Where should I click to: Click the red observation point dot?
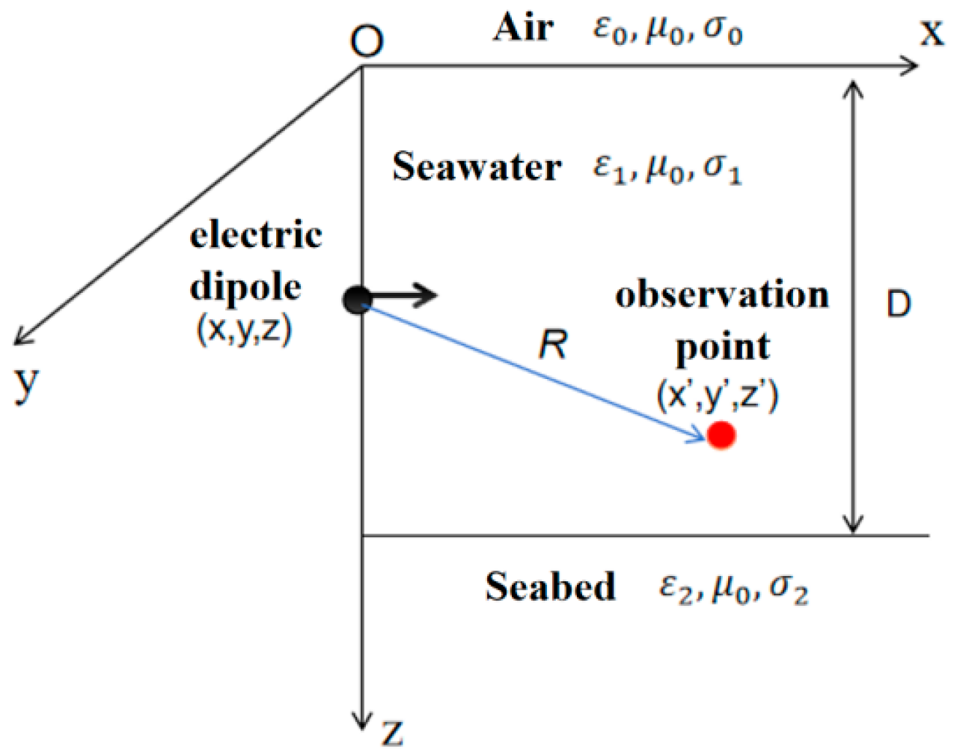(721, 435)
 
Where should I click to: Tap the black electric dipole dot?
(357, 300)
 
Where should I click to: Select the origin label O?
(367, 41)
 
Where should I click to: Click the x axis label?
(932, 33)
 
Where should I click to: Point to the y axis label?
(26, 384)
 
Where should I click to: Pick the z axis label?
(392, 733)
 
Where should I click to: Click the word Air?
(524, 28)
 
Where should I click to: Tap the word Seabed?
(550, 586)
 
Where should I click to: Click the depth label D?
(899, 305)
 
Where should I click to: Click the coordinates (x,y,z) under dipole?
(244, 331)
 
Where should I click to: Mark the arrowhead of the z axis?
(362, 718)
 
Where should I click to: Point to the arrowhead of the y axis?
(22, 338)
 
